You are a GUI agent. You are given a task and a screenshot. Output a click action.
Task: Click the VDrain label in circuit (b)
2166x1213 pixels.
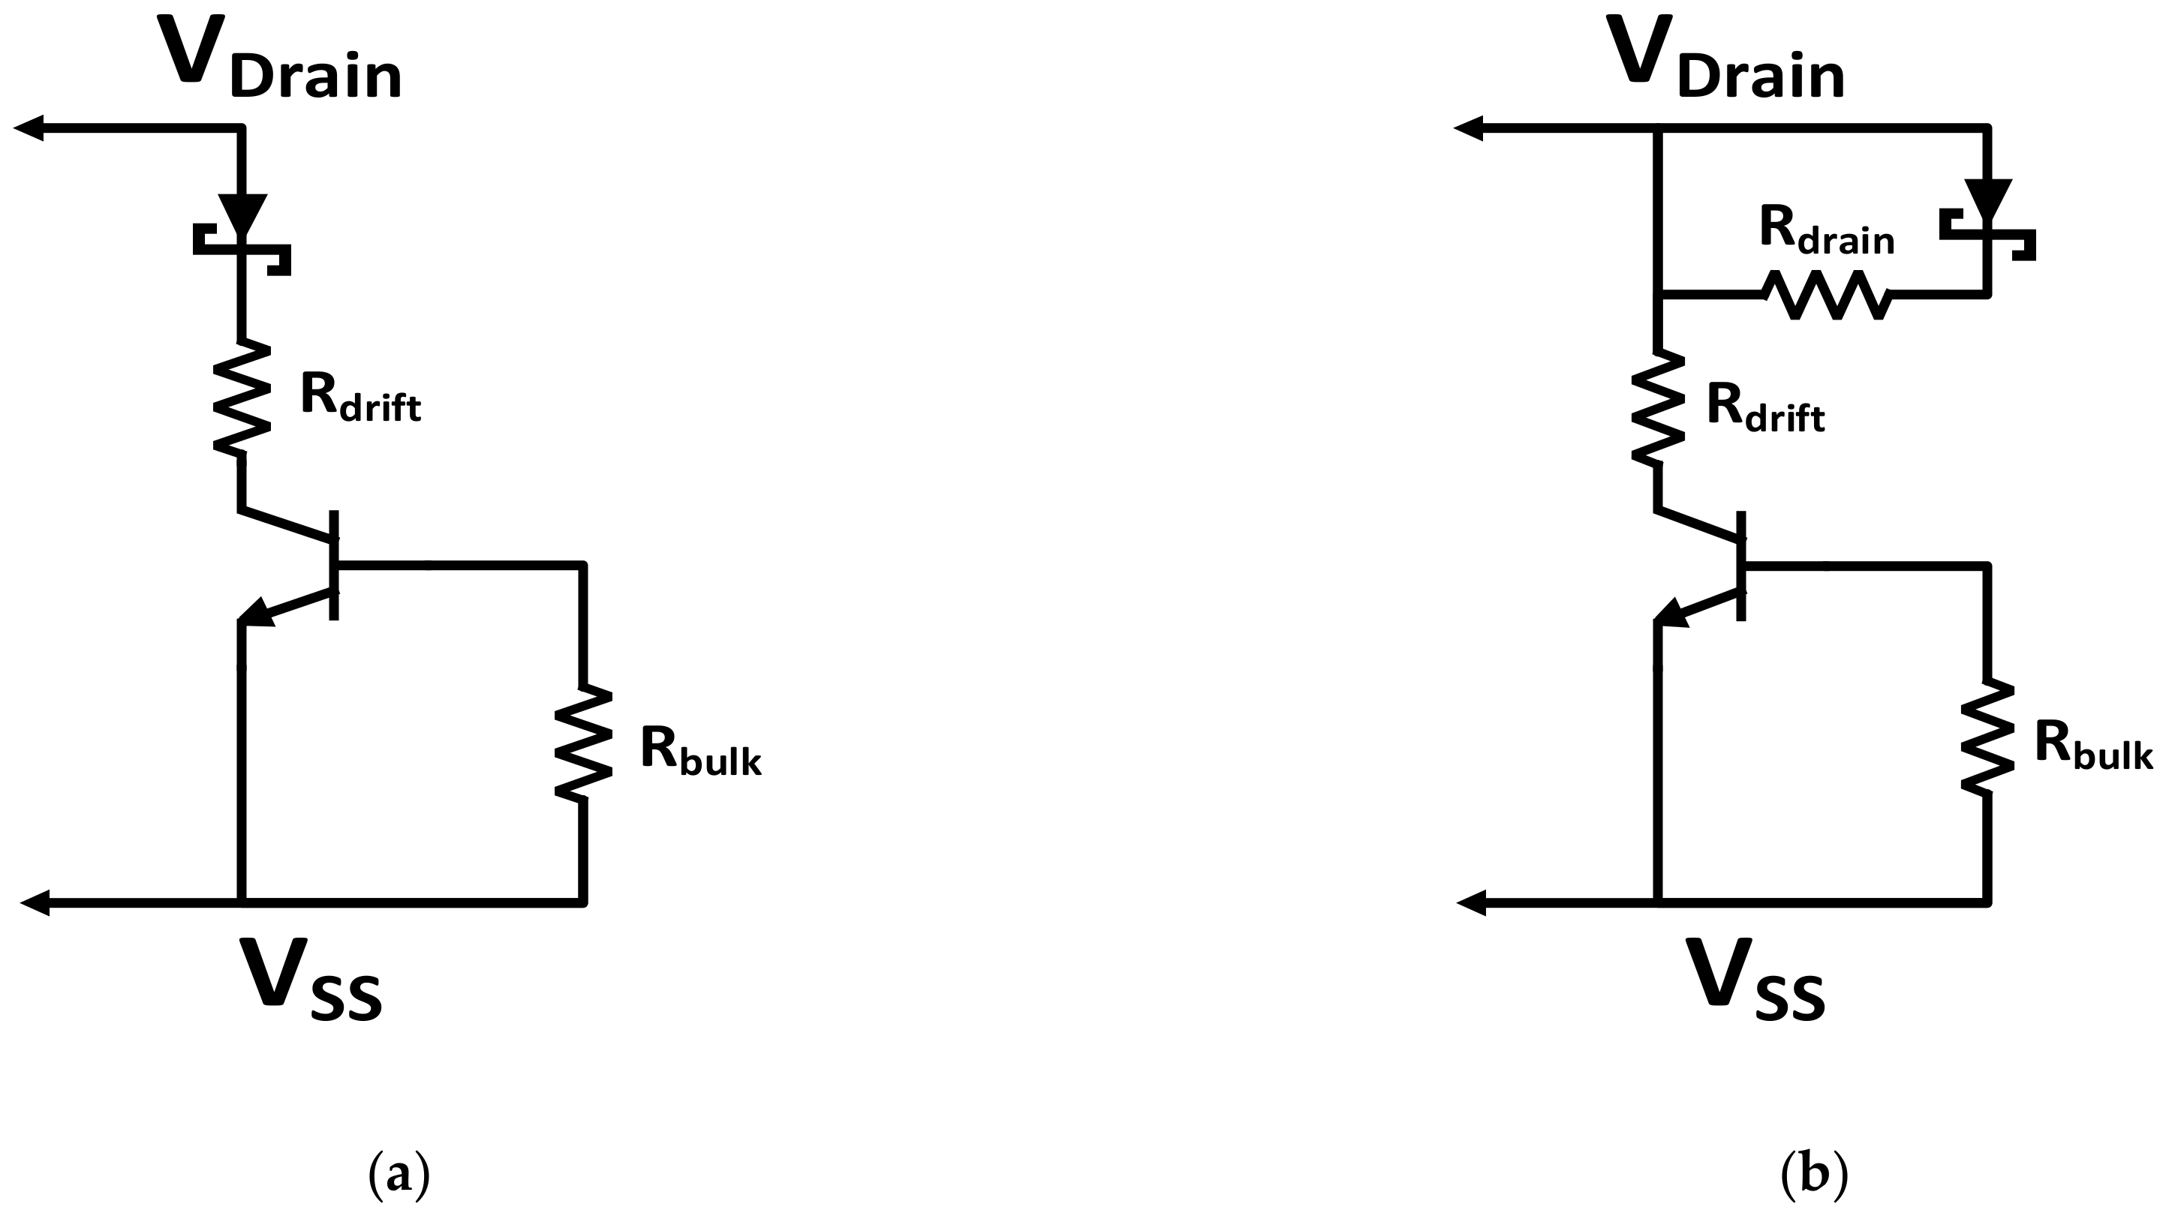click(x=1725, y=59)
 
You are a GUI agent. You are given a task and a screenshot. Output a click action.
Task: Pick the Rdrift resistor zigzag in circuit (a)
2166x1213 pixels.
click(x=242, y=400)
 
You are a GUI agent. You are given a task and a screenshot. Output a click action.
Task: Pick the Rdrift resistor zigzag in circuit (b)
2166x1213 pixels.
click(x=1658, y=407)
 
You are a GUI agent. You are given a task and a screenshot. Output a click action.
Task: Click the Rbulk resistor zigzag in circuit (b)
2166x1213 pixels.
click(x=1987, y=737)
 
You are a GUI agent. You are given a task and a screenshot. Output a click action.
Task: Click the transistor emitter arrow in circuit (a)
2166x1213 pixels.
click(x=257, y=613)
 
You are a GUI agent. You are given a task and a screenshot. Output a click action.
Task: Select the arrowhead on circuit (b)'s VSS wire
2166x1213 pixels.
click(x=1473, y=904)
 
